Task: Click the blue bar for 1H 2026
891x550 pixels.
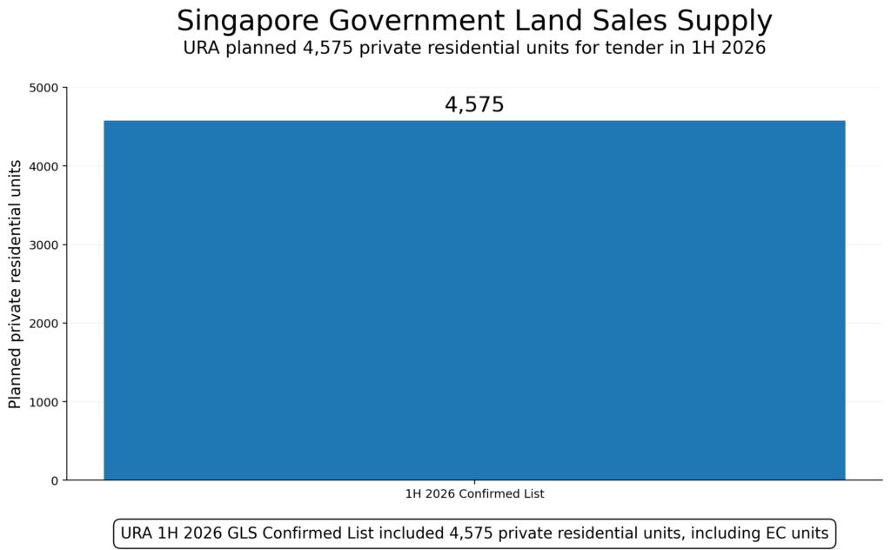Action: (x=474, y=300)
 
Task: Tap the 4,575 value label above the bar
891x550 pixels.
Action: (x=474, y=105)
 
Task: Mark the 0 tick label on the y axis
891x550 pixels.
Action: (x=54, y=480)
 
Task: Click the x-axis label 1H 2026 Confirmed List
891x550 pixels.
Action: (x=474, y=494)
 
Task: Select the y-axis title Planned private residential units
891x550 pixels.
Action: (x=15, y=284)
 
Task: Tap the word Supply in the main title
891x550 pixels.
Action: (x=728, y=21)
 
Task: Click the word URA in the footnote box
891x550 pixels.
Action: (x=137, y=533)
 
